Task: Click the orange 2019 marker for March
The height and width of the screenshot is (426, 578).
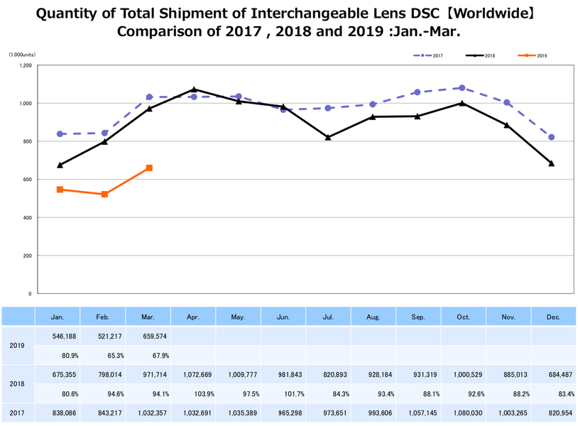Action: click(x=149, y=168)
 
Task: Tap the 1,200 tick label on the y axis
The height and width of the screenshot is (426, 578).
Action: click(x=26, y=65)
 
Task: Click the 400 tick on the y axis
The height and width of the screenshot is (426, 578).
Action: click(x=27, y=217)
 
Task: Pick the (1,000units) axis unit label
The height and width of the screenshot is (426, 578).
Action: click(x=22, y=55)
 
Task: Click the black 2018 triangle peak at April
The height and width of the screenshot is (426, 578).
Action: click(x=194, y=89)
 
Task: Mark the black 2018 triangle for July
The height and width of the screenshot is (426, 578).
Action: click(x=328, y=137)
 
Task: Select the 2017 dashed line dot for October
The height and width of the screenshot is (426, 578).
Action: click(x=462, y=88)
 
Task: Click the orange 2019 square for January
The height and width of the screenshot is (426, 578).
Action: click(x=60, y=190)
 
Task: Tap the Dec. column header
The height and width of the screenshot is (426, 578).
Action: click(x=552, y=317)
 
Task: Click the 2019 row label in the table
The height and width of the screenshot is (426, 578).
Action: click(x=18, y=345)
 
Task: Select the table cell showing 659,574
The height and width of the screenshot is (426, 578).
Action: click(x=148, y=335)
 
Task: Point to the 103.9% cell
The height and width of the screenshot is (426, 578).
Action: click(x=194, y=393)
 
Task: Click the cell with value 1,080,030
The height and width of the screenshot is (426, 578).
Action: click(x=462, y=413)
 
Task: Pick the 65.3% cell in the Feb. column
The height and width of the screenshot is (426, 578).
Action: click(x=104, y=354)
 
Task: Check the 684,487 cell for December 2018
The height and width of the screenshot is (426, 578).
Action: click(x=552, y=373)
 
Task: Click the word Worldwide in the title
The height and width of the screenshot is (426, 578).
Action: click(x=489, y=13)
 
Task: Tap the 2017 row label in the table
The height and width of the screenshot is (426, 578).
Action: click(x=18, y=413)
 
